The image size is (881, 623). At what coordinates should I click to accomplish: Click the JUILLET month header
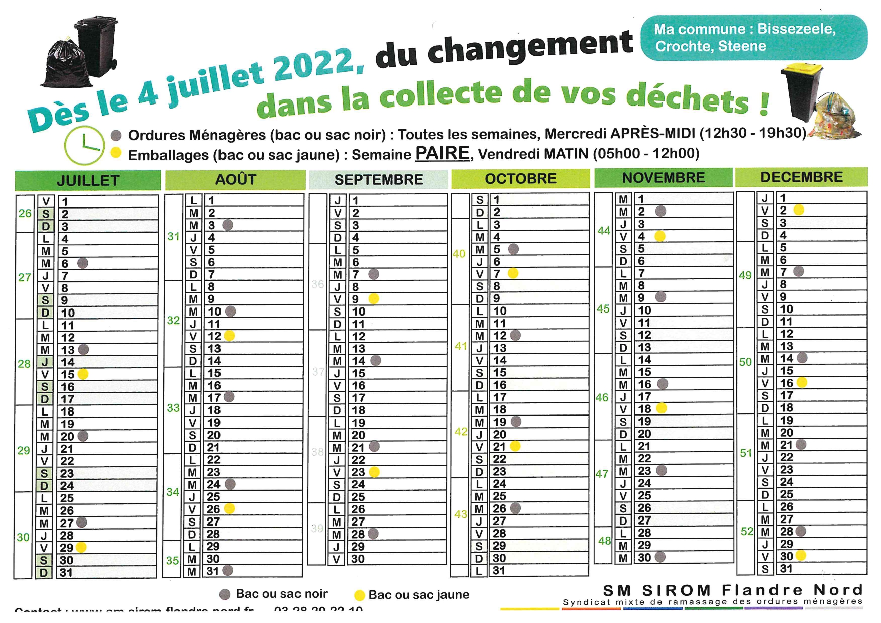click(88, 180)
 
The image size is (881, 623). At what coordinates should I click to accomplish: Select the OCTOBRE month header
click(520, 179)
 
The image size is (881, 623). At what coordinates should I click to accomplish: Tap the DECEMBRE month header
click(801, 177)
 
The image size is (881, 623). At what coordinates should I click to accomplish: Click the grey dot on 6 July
click(83, 263)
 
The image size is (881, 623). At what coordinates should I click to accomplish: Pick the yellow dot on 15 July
click(83, 374)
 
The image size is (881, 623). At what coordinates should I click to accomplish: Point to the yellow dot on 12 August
click(229, 336)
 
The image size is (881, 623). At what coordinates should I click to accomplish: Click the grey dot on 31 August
click(228, 570)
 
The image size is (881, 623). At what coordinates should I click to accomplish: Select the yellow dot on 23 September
click(374, 472)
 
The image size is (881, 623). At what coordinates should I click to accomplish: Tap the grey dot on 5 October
click(513, 249)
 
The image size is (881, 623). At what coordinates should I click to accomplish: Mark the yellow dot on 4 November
click(660, 236)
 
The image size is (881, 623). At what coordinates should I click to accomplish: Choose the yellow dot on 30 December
click(801, 555)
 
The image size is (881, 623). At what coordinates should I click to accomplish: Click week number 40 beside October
click(459, 254)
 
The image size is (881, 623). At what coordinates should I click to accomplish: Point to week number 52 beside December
click(747, 531)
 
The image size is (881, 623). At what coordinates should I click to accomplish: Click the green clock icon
click(84, 145)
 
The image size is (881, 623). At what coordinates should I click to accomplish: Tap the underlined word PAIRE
click(442, 153)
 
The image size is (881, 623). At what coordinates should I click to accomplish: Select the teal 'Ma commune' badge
click(753, 38)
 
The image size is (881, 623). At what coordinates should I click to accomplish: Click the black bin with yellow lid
click(802, 93)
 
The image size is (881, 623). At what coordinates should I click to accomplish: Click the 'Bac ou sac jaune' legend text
click(418, 595)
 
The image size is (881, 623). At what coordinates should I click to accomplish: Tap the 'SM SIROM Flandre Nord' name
click(732, 590)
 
